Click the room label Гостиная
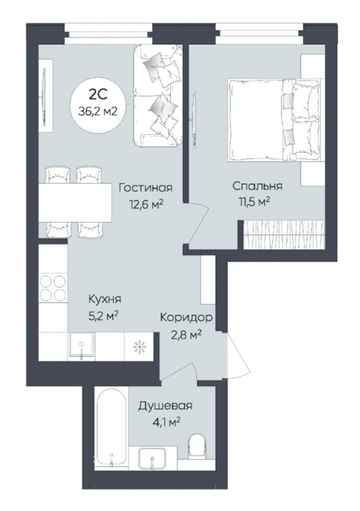146,188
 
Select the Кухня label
104,299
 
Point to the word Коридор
186,317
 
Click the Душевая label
165,407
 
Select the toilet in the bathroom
197,445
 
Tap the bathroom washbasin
153,458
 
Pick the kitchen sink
82,346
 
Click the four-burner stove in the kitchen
53,288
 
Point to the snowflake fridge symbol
139,346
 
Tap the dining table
74,203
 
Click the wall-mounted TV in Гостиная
45,96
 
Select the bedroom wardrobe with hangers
284,235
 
